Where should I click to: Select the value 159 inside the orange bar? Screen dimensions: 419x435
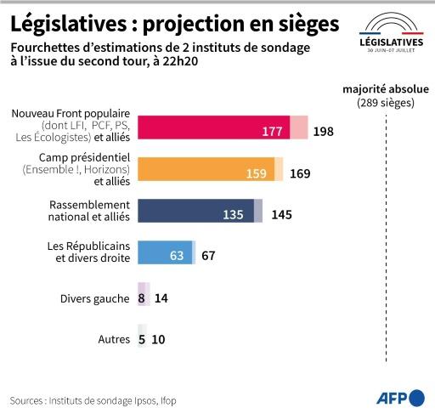(257, 174)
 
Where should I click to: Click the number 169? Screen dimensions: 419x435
(300, 174)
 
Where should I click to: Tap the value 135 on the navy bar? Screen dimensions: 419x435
(233, 215)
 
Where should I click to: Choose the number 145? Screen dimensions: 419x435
(282, 215)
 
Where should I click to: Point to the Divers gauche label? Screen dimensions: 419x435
(95, 298)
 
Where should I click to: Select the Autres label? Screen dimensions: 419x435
(114, 340)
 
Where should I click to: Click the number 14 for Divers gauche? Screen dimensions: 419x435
(161, 298)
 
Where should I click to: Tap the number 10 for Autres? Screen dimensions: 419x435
(158, 340)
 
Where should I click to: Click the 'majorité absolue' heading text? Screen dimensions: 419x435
(386, 89)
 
